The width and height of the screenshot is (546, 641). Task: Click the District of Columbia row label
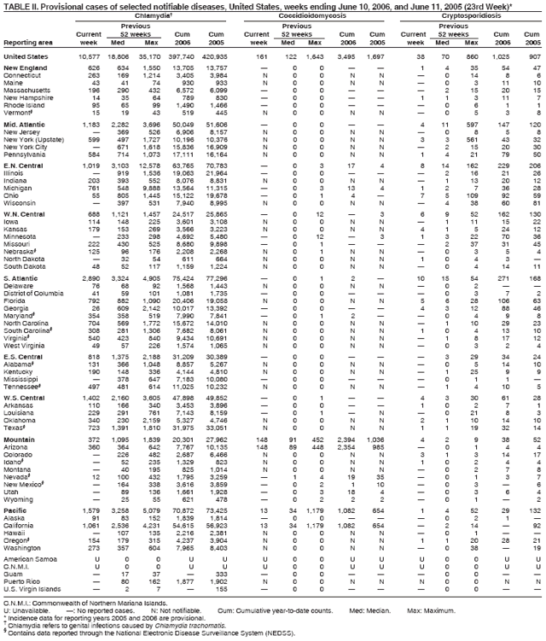[x=32, y=317]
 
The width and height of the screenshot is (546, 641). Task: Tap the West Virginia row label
[x=26, y=371]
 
